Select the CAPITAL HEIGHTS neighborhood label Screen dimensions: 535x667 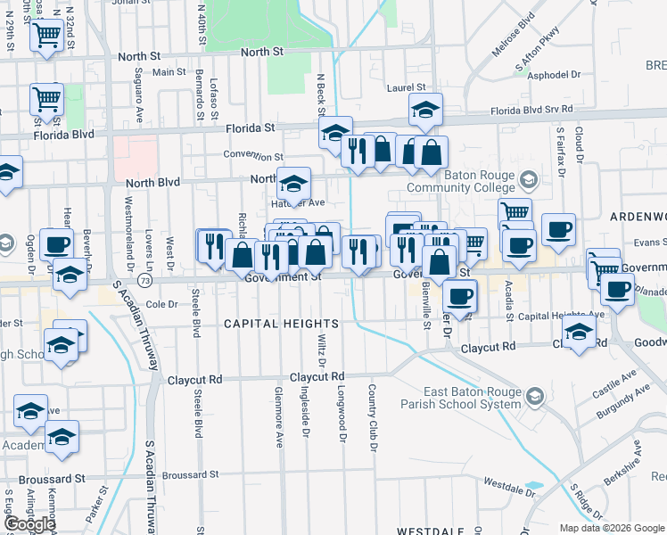(x=281, y=324)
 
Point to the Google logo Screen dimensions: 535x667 (x=29, y=524)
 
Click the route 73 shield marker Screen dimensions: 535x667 (x=144, y=280)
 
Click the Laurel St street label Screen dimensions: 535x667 (x=404, y=87)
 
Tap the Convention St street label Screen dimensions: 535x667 (x=253, y=155)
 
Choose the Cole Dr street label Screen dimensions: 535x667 (x=162, y=304)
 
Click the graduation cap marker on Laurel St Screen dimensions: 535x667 (x=426, y=111)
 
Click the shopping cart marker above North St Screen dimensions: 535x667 (x=46, y=36)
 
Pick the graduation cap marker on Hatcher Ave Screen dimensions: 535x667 (x=292, y=185)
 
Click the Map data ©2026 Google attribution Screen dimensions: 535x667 (x=612, y=528)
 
